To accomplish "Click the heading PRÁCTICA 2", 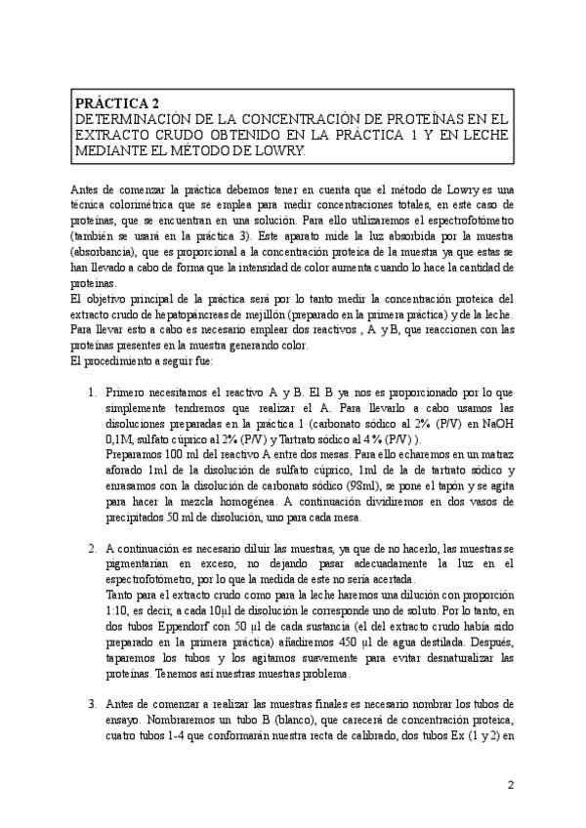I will [x=115, y=101].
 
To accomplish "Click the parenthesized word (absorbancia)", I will [x=106, y=252].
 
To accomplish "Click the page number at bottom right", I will [x=510, y=784].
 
